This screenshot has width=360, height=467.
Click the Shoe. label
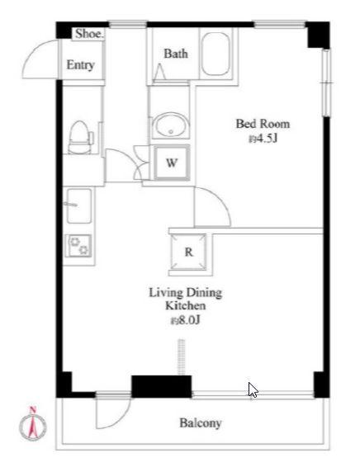89,34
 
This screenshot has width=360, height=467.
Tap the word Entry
80,65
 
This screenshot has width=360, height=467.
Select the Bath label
176,54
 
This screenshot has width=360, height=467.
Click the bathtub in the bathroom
216,54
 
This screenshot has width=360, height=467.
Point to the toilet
80,137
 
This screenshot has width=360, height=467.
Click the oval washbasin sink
170,125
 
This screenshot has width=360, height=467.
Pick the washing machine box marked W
172,163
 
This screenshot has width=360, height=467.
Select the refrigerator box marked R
188,252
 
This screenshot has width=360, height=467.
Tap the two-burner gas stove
79,246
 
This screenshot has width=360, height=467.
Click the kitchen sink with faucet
78,205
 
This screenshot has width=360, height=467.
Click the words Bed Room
263,124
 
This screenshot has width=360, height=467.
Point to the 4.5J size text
263,139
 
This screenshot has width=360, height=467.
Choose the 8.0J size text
185,320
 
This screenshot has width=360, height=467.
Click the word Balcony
201,423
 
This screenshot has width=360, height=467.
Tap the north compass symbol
33,422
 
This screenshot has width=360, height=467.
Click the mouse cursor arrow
253,390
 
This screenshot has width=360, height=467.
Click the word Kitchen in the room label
185,306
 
